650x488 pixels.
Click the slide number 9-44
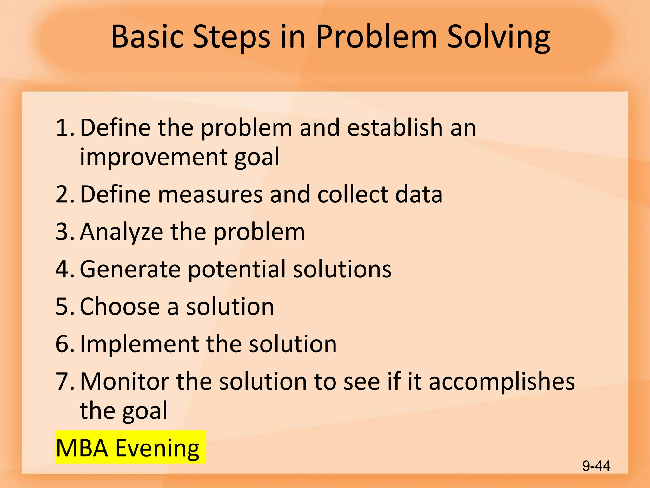coord(596,466)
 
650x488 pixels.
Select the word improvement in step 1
coord(154,157)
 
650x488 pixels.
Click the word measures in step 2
coord(210,194)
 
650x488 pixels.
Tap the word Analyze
coord(121,232)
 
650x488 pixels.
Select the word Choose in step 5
coord(120,307)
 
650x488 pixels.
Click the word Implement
coord(139,344)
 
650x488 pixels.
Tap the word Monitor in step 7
coord(124,381)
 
